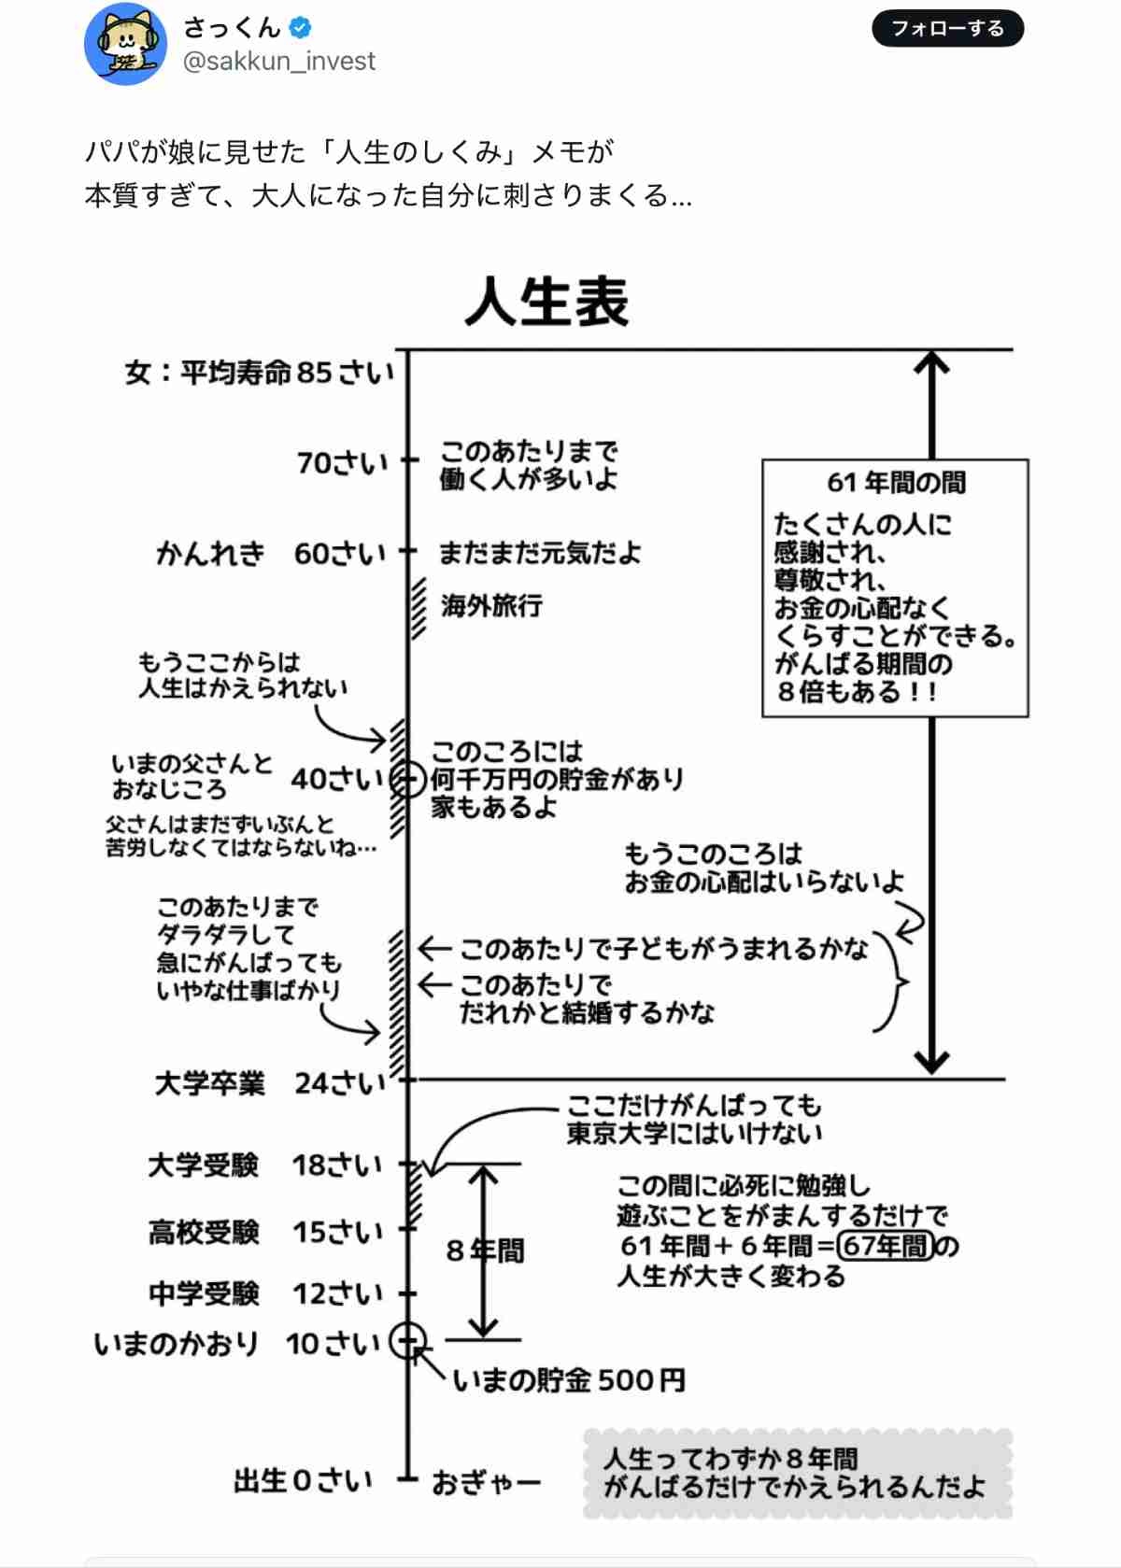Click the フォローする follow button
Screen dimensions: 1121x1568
947,28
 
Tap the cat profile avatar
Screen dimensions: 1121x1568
125,43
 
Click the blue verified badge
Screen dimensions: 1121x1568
301,27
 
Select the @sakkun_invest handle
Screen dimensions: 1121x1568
278,62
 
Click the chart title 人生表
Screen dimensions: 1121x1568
546,301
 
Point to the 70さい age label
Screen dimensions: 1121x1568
343,462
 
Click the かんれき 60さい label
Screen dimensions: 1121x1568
271,553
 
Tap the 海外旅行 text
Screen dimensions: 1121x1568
491,605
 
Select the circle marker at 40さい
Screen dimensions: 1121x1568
407,779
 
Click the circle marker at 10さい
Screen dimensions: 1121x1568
407,1340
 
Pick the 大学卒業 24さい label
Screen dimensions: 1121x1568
270,1083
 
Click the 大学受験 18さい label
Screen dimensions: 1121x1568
265,1165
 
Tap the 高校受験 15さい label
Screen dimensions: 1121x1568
265,1232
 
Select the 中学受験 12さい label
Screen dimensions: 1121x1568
265,1293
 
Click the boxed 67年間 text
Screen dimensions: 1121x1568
886,1246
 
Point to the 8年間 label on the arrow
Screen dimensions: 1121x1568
485,1250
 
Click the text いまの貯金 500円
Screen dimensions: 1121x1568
569,1380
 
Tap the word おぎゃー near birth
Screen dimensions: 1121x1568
486,1483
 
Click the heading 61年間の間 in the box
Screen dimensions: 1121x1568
896,482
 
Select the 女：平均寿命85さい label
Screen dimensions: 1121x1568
259,373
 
